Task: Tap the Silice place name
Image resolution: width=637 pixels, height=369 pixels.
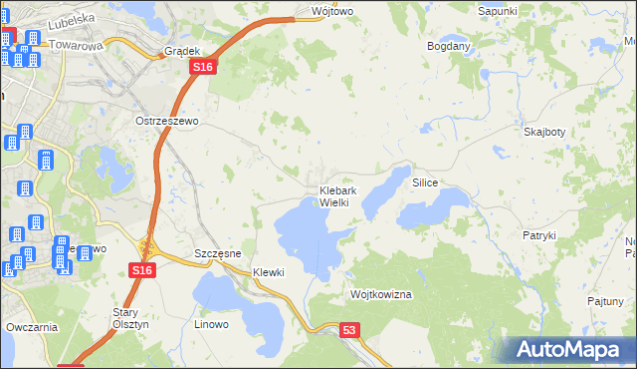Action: coord(425,184)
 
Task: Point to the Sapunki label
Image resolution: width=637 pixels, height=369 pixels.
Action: coord(498,11)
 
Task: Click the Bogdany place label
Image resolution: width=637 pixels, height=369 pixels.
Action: coord(448,47)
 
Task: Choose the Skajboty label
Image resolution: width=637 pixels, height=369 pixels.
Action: coord(544,132)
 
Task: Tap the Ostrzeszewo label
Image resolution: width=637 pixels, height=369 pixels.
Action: coord(168,121)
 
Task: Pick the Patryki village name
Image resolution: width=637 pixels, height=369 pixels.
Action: coord(538,235)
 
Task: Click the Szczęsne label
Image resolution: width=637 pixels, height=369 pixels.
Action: coord(218,253)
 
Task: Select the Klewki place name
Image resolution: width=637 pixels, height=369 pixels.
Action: coord(269,272)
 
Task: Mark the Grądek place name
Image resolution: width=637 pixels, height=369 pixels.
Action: coord(183,50)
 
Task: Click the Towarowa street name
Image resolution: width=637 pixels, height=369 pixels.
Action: coord(76,46)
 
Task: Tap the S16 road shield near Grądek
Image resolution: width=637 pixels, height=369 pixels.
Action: coord(202,66)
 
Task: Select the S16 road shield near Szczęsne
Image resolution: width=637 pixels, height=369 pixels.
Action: coord(141,270)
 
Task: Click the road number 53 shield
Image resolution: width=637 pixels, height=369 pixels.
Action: coord(348,329)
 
